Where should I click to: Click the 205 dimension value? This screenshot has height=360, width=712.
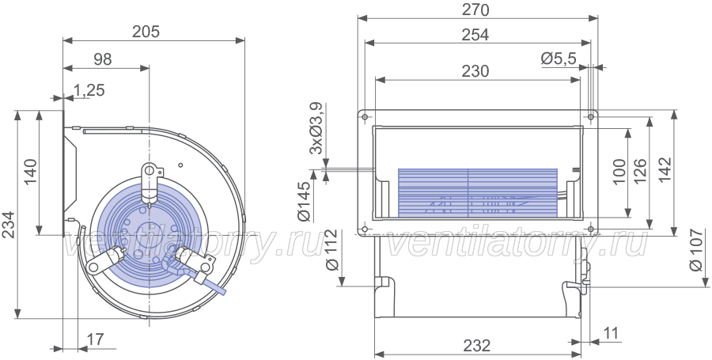pos(146,32)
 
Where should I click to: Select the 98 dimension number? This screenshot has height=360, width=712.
pos(103,59)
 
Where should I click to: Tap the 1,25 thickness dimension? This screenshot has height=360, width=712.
pos(89,90)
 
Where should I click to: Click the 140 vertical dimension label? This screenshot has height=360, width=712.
pos(30,172)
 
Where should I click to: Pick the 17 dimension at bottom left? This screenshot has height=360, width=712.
pos(96,339)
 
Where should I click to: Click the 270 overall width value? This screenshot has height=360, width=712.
pos(475,9)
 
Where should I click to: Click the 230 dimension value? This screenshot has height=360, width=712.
pos(475,71)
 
